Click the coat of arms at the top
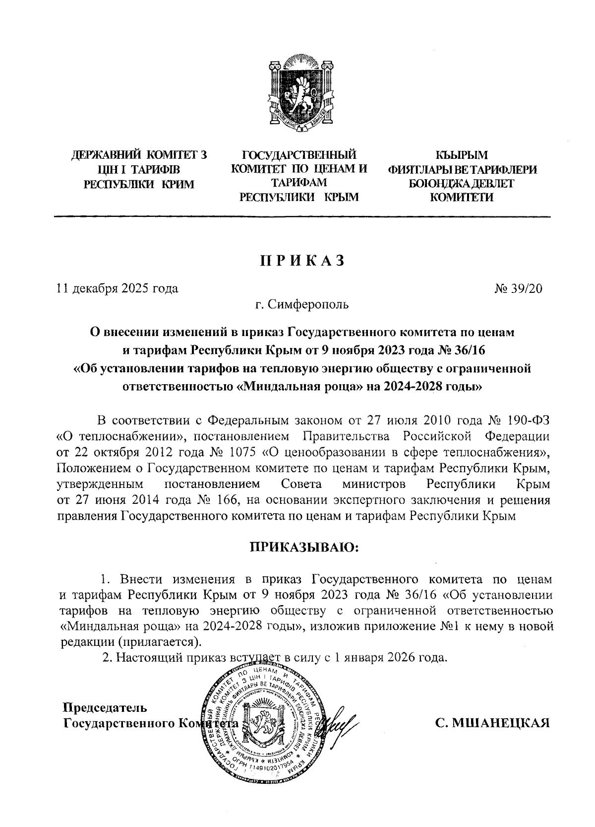tap(299, 97)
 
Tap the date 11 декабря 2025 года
tap(118, 288)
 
